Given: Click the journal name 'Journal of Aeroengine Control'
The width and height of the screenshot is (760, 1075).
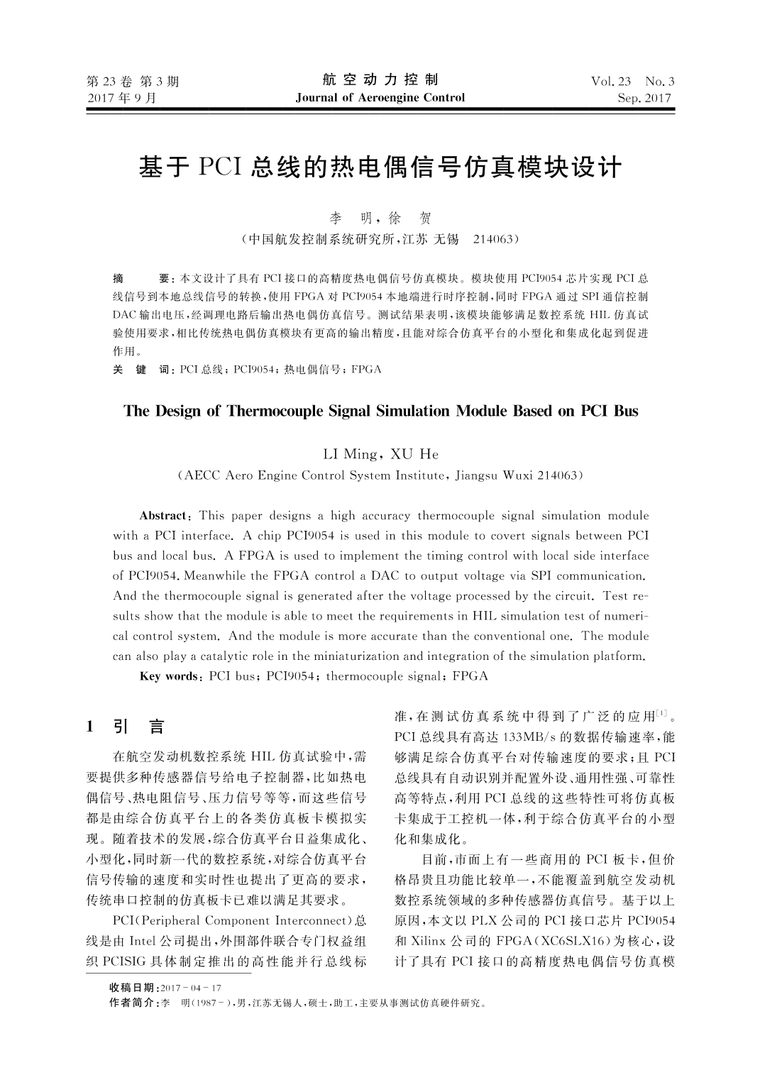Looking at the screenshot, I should coord(380,98).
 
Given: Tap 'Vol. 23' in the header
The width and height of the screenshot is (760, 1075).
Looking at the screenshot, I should coord(610,81).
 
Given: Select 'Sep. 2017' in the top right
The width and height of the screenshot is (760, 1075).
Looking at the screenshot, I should coord(644,99).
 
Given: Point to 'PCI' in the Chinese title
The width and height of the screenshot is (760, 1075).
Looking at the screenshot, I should coord(221,168).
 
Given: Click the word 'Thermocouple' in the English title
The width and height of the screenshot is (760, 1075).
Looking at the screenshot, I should coord(275,411).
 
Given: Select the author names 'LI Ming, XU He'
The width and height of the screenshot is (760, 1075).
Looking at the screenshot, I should coord(380,454).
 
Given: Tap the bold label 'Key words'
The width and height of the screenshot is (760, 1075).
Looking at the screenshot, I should coord(170,676).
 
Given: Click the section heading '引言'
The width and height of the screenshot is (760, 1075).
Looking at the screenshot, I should coord(138,727).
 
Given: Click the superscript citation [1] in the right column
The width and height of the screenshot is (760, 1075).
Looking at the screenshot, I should coord(661,713).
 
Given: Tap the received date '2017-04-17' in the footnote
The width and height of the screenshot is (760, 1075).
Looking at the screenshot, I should coord(192,988).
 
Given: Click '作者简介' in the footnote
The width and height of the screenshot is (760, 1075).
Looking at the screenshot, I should coord(132,1003).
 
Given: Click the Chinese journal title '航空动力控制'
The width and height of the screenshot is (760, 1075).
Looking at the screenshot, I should coord(380,79).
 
